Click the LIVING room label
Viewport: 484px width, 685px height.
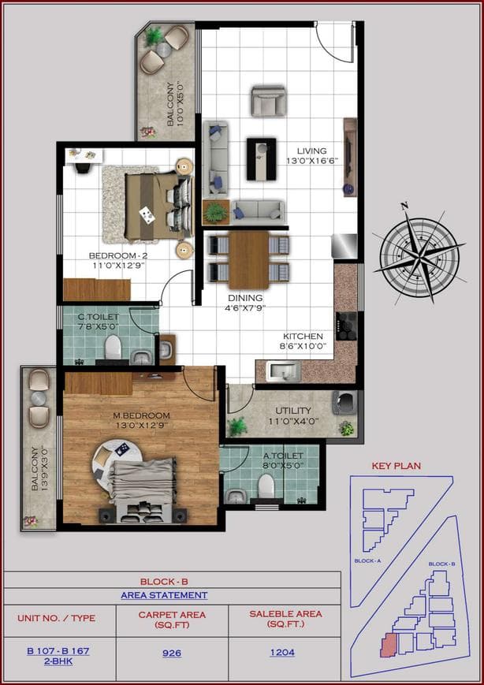[x=311, y=151]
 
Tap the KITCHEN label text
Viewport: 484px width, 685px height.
[x=303, y=335]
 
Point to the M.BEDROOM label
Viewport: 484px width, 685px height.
[x=140, y=416]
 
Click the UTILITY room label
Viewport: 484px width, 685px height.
[x=292, y=411]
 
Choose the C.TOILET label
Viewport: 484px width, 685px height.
[x=98, y=317]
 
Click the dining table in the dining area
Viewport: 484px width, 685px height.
[x=248, y=259]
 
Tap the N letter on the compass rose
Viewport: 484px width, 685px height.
[x=405, y=207]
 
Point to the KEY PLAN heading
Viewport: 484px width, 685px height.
[x=396, y=466]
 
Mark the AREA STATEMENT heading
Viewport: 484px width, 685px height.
[x=164, y=596]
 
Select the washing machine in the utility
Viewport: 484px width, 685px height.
[x=344, y=402]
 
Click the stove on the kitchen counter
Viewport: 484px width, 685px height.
[x=347, y=325]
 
